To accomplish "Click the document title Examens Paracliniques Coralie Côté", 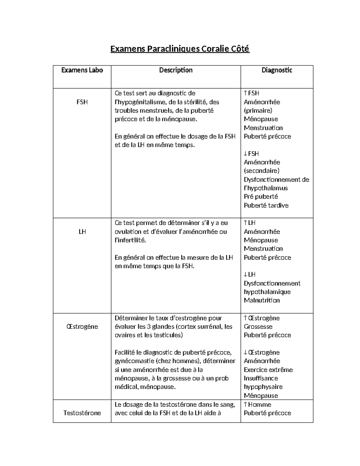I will pyautogui.click(x=180, y=49).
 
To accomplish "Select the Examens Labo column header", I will pyautogui.click(x=82, y=70).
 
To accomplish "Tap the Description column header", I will pyautogui.click(x=176, y=70).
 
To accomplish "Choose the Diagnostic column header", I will pyautogui.click(x=277, y=70).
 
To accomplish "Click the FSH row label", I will pyautogui.click(x=82, y=102).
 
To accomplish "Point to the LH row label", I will pyautogui.click(x=82, y=232).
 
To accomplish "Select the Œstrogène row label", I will pyautogui.click(x=82, y=326).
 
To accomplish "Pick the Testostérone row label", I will pyautogui.click(x=82, y=413).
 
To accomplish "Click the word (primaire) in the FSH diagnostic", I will pyautogui.click(x=258, y=110).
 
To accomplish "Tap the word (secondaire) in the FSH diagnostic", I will pyautogui.click(x=261, y=171).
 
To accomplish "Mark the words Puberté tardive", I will pyautogui.click(x=266, y=206).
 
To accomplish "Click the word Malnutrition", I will pyautogui.click(x=262, y=300).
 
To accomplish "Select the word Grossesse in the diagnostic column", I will pyautogui.click(x=258, y=326).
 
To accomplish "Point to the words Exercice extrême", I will pyautogui.click(x=268, y=370).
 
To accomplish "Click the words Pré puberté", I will pyautogui.click(x=261, y=197).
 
